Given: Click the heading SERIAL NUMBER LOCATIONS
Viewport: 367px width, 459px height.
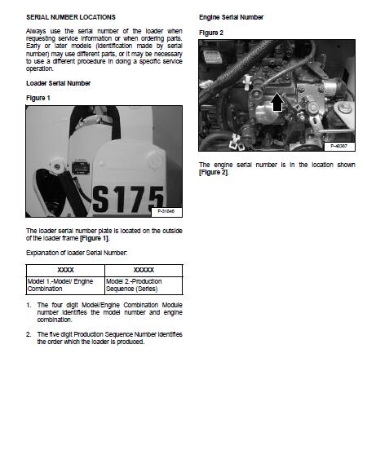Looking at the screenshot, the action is coord(71,17).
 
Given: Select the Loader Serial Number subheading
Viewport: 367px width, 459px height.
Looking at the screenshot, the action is coord(58,83).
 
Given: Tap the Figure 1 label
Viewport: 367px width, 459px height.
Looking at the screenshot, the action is coord(38,98).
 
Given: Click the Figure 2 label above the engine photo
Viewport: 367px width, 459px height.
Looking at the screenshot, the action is coord(211,33).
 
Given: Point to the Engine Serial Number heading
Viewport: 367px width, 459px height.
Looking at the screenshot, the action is coord(231,17).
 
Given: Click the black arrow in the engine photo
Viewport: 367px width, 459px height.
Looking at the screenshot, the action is coord(276,102).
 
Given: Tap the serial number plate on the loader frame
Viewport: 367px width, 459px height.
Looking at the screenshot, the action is coord(80,167).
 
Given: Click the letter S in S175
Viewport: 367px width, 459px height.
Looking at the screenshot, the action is coord(101,199).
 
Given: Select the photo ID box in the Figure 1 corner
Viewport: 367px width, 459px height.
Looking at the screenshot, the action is coord(166,212).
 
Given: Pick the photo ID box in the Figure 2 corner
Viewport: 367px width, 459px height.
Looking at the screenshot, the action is coord(339,146).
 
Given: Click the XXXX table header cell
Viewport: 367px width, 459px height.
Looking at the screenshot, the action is coord(65,270).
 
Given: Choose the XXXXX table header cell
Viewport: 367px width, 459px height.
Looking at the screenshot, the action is coord(144,270).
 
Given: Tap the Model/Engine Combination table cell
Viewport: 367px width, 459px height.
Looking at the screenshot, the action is coord(65,285).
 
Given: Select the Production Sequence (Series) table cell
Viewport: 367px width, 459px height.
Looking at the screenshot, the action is coord(144,285).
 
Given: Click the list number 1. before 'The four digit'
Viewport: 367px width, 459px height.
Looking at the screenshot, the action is coord(29,305).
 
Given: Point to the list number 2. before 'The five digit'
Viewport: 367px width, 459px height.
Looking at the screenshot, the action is coord(29,334).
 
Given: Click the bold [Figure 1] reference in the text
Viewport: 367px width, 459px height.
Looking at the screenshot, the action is coord(94,238).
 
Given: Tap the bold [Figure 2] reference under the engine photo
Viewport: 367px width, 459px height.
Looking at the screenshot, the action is coord(213,172).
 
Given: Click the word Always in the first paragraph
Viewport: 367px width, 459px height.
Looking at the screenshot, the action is coord(36,31).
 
